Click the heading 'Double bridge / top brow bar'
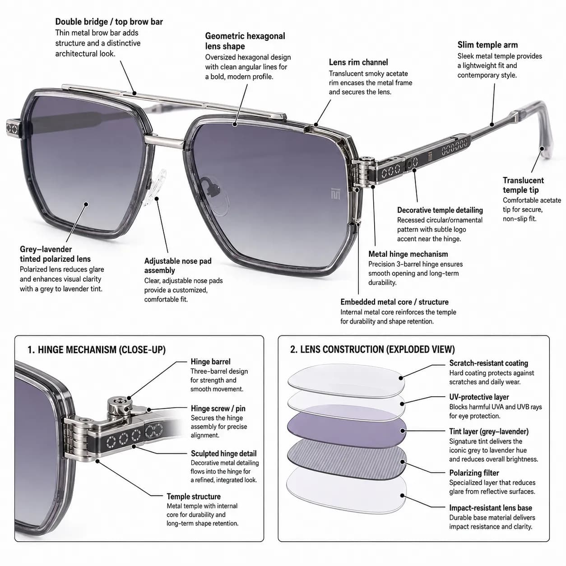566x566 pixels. (x=109, y=22)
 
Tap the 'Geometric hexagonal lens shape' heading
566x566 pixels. (x=245, y=41)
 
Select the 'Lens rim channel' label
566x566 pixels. (x=358, y=62)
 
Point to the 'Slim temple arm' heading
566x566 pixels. (x=487, y=45)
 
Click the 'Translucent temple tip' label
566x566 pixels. (x=523, y=185)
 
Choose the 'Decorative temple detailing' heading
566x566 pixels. (x=440, y=210)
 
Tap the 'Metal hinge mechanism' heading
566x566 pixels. (x=408, y=254)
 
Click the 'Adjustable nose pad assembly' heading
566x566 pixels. (x=178, y=265)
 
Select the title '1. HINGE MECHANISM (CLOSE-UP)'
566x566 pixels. (x=97, y=350)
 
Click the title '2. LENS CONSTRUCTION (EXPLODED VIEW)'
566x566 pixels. (x=372, y=349)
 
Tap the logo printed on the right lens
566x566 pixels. (x=335, y=193)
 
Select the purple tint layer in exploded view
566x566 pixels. (x=347, y=430)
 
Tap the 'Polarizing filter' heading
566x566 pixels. (x=474, y=473)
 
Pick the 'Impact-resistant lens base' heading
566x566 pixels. (x=491, y=508)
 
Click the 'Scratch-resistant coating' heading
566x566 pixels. (x=488, y=363)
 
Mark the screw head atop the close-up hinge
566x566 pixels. (x=121, y=400)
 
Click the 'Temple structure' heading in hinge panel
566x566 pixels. (x=194, y=496)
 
